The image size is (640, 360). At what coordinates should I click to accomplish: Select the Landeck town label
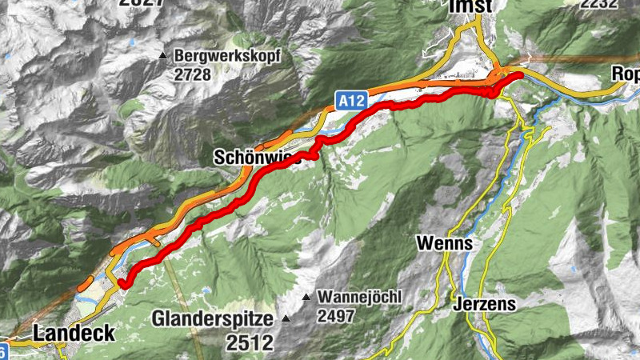tap(74, 332)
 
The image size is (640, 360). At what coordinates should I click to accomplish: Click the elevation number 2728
tap(192, 74)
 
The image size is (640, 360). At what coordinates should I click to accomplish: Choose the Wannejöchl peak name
tap(359, 297)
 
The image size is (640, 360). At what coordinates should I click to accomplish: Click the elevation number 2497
tap(336, 315)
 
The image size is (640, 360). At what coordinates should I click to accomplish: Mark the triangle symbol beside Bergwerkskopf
tap(163, 56)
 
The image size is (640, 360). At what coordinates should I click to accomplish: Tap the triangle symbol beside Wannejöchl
tap(306, 298)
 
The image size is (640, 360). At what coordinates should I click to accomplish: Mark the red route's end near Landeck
tap(123, 282)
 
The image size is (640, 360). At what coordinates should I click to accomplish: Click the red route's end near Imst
tap(519, 75)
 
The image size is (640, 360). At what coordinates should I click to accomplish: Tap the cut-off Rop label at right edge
tap(626, 74)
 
